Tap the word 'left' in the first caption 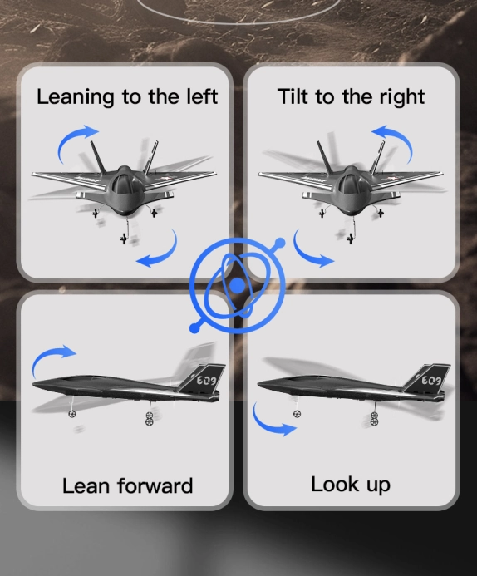(x=202, y=96)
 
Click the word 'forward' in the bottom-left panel (x=155, y=485)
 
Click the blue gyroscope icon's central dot (x=238, y=285)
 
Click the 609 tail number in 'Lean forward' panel (x=207, y=380)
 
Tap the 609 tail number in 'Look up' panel (x=431, y=380)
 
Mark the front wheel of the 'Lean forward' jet (x=72, y=414)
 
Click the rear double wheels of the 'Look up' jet (x=374, y=419)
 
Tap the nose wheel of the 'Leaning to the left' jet (x=124, y=239)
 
